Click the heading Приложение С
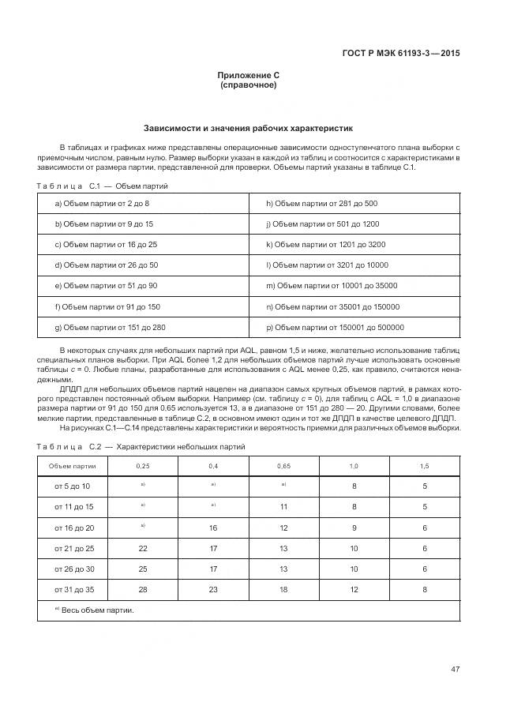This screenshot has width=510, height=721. pos(249,75)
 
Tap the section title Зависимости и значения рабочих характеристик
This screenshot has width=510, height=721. pos(249,127)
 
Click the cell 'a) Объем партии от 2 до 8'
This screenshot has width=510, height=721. pos(102,203)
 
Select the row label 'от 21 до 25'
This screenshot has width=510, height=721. pos(74,548)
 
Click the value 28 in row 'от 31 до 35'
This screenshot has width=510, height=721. pos(143,588)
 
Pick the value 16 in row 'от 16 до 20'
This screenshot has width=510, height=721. pos(213,528)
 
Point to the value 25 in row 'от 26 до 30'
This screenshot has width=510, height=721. pos(143,569)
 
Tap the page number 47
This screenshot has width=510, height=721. pos(455,670)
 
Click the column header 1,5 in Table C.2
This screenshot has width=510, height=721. pos(425,466)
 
